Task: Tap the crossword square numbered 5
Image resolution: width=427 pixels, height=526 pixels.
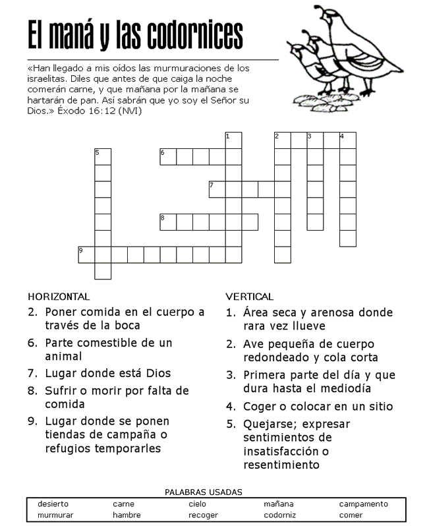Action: pos(103,157)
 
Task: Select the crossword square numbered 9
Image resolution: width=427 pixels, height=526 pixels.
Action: pos(86,254)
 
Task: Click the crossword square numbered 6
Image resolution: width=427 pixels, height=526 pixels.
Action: pos(168,157)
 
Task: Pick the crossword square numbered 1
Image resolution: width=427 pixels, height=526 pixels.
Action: pos(233,140)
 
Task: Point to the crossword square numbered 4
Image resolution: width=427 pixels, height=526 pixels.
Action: pos(347,140)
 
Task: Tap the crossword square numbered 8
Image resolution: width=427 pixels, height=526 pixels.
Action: pos(168,222)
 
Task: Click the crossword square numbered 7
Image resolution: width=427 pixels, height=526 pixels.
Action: pos(217,189)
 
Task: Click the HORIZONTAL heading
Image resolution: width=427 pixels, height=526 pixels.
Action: pos(59,297)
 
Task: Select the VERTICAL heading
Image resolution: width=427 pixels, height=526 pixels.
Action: pos(249,297)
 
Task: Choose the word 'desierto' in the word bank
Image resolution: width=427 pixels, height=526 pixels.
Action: pos(53,504)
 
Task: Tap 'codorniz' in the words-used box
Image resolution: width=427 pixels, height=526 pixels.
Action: pos(279,515)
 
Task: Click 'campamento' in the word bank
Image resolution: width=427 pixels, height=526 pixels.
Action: pos(363,504)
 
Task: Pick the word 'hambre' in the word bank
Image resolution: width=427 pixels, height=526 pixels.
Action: pos(127,515)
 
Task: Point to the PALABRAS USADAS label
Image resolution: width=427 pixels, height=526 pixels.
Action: pos(203,492)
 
